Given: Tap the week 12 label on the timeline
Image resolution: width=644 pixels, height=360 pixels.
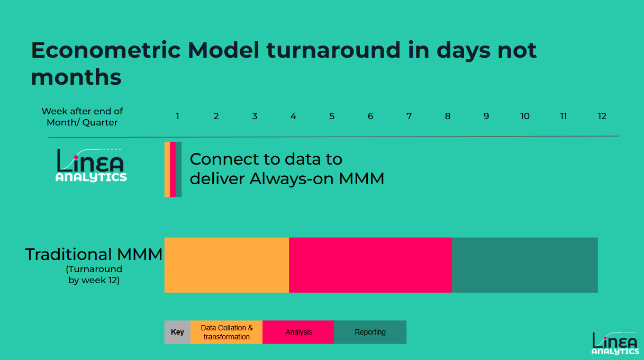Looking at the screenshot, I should click(602, 116).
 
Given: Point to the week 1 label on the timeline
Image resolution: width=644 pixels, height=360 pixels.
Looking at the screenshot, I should click(177, 116).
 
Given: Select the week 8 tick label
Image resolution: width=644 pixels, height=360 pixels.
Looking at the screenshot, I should click(448, 116).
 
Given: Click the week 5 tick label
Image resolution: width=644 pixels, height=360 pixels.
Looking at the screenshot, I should click(332, 116).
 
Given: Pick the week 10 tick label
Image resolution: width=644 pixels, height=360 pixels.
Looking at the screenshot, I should click(524, 116).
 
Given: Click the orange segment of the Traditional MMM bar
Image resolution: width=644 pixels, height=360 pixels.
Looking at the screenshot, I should click(226, 265).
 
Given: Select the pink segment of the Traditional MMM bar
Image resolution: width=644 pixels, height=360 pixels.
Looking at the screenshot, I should click(370, 265).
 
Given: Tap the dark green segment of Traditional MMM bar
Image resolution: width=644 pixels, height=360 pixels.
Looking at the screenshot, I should click(524, 265).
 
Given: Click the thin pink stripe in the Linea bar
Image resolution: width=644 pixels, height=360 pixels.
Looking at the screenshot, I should click(173, 169).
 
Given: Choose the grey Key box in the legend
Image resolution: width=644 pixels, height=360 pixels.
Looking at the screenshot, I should click(177, 332).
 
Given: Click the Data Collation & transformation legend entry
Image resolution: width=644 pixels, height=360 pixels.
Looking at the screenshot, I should click(226, 332).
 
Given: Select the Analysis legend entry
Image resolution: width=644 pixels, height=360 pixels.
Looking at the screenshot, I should click(298, 332).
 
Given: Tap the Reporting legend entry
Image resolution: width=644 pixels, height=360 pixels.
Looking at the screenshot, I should click(370, 332).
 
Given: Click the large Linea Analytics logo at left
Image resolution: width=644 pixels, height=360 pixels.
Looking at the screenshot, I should click(91, 165).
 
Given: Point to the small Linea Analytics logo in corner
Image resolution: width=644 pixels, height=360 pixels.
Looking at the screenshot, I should click(615, 343).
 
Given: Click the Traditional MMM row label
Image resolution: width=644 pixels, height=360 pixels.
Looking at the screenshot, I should click(94, 255).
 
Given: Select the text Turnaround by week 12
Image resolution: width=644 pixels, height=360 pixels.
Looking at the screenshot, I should click(94, 275).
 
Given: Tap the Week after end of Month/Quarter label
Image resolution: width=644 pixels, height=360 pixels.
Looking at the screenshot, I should click(82, 116).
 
